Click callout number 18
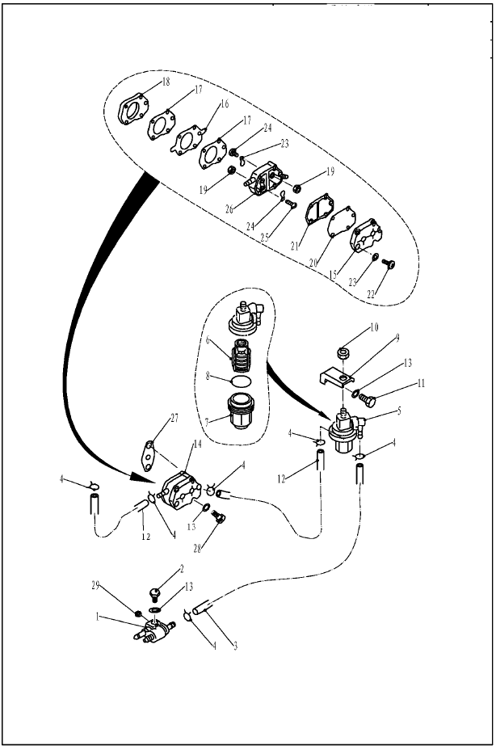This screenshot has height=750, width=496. (x=166, y=82)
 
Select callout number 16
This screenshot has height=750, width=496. (x=224, y=103)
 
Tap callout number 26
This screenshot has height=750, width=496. (x=229, y=209)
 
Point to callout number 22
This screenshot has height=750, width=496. (x=370, y=295)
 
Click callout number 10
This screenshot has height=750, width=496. (x=374, y=327)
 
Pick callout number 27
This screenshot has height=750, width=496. (x=174, y=418)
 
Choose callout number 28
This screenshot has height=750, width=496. (x=196, y=549)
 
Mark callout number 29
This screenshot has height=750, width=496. (x=95, y=585)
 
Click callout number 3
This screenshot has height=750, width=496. (x=235, y=647)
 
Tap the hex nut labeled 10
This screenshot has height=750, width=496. (x=342, y=354)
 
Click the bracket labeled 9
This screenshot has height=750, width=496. (x=336, y=377)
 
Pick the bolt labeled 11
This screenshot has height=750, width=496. (x=368, y=399)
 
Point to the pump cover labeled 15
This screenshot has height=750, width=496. (x=366, y=235)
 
